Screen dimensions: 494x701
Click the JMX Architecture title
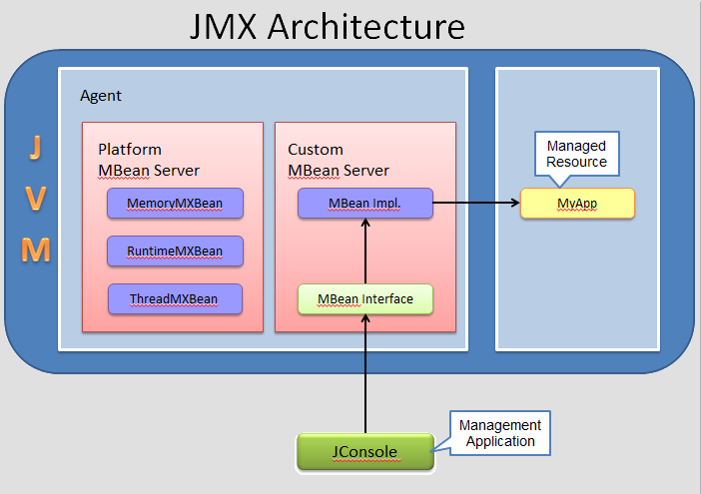328,26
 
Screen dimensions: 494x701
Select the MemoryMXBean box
175,204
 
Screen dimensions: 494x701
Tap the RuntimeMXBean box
175,251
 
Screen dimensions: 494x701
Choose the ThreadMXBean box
175,298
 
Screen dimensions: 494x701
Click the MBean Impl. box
364,204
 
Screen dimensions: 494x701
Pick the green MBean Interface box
364,298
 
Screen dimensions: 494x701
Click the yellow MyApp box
578,204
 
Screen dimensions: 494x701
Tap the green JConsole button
364,452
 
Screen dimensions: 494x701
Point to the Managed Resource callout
576,154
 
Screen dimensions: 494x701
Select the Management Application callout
499,433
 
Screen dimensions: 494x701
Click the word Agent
101,96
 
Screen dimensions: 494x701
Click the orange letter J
36,148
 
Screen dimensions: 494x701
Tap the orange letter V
36,199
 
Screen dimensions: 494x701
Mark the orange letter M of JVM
36,249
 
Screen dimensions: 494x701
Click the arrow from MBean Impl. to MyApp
476,204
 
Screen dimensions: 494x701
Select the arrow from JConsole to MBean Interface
365,374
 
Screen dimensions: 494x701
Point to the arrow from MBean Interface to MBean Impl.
365,251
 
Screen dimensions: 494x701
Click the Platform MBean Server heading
149,160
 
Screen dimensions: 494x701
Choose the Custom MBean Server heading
339,160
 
